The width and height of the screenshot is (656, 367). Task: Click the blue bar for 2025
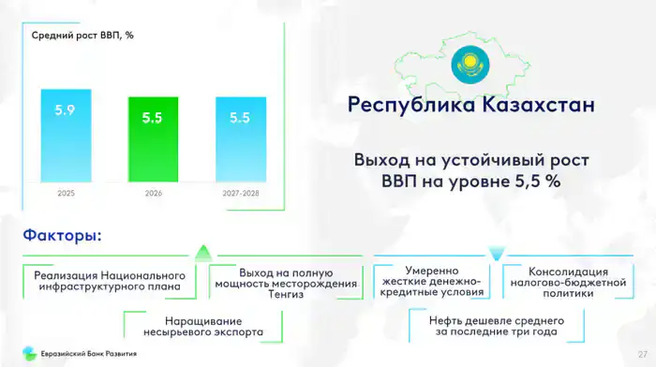coord(67,136)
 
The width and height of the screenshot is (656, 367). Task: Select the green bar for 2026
coord(153,139)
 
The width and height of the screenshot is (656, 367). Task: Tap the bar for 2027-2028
coord(241,139)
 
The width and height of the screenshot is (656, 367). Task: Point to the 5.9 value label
coord(65,110)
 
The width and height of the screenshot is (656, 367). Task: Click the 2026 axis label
coord(153,193)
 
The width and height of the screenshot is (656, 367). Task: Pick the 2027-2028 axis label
coord(241,193)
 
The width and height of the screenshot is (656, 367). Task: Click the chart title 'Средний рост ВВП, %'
coord(82,36)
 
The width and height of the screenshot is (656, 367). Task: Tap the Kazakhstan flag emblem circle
coord(470,65)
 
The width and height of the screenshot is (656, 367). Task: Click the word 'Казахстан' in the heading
coord(538,105)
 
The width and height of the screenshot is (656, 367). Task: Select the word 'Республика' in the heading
coord(411,106)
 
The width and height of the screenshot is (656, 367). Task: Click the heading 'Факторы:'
coord(63,235)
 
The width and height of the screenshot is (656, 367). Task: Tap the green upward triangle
coord(203,253)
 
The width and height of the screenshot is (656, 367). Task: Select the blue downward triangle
coord(497,254)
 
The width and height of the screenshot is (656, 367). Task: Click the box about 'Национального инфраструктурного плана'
coord(110,281)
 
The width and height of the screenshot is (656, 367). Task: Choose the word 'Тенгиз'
coord(286,294)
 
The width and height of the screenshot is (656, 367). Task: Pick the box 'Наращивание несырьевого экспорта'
coord(203,327)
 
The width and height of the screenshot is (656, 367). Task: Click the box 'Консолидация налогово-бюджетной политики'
coord(568,282)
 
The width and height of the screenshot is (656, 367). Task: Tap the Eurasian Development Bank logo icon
coord(30,354)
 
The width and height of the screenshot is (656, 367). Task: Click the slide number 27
coord(643,355)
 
